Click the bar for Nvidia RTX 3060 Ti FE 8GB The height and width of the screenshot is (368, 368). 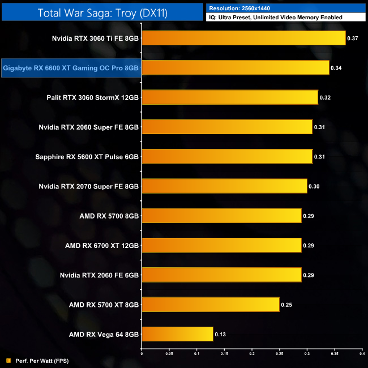(243, 38)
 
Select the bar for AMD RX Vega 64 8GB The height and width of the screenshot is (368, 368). (177, 334)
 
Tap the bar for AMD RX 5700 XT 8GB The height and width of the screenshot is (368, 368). (210, 305)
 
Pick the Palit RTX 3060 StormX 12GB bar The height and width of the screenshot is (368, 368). (229, 97)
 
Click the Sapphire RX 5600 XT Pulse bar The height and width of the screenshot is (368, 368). (226, 156)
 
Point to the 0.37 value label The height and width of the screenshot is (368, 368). (353, 38)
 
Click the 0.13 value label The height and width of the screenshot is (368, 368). (220, 335)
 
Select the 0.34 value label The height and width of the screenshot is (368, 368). (336, 68)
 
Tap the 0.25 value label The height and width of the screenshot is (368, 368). (286, 305)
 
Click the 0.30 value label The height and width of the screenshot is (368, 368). (314, 186)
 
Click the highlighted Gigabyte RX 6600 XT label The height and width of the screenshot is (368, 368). (71, 68)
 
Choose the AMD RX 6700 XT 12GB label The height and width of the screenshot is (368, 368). (102, 246)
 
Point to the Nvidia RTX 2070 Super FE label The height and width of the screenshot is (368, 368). (88, 186)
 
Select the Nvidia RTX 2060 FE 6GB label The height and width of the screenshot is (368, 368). (99, 275)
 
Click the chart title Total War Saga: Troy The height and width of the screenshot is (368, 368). (101, 13)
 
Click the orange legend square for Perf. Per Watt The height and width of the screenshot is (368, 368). (8, 361)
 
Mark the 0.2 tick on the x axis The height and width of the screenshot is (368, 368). (251, 354)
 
